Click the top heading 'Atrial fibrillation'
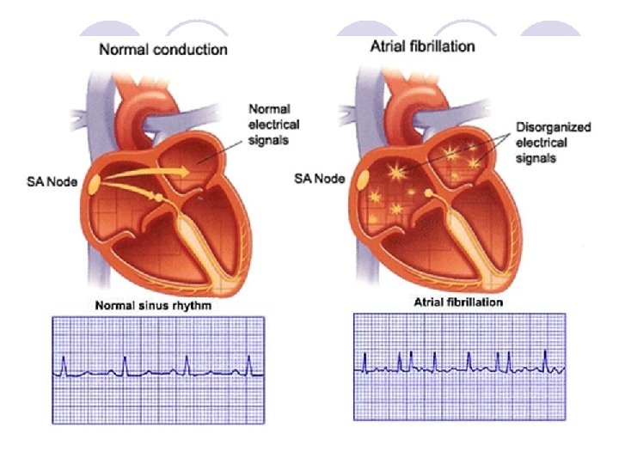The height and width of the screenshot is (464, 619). [x=422, y=46]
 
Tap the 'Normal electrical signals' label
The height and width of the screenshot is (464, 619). [x=269, y=124]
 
